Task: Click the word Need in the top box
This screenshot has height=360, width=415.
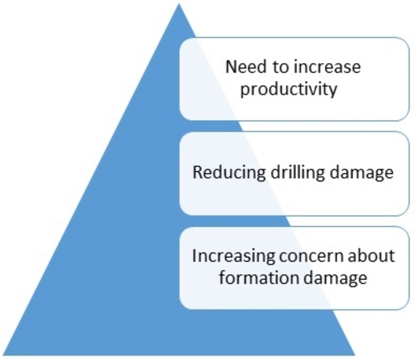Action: (x=246, y=67)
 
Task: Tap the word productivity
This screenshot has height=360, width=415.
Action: (x=288, y=89)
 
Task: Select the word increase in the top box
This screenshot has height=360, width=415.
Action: (x=327, y=67)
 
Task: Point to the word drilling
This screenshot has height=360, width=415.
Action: (x=298, y=173)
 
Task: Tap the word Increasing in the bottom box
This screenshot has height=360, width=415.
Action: (x=234, y=256)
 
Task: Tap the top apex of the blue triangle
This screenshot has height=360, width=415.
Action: (x=179, y=3)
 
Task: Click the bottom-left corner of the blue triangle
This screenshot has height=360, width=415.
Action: (x=3, y=355)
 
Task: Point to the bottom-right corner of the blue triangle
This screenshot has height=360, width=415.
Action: (x=355, y=355)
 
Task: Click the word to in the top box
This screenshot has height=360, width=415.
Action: (x=280, y=67)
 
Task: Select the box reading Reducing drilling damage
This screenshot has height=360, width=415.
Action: (x=294, y=174)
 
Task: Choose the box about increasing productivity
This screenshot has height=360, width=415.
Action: (x=294, y=79)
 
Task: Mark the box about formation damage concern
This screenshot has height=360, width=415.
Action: (x=294, y=268)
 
